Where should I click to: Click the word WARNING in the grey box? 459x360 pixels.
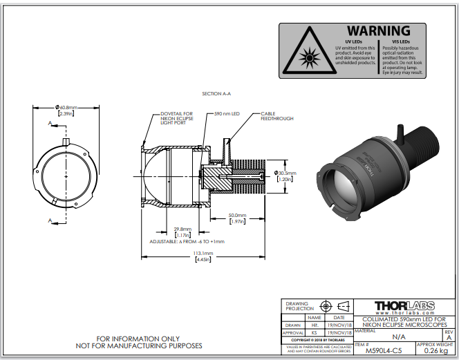[x=378, y=31]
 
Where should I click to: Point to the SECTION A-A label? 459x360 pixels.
[x=216, y=93]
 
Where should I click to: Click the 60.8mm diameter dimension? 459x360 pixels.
[x=66, y=107]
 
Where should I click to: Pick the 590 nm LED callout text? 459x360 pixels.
[x=227, y=113]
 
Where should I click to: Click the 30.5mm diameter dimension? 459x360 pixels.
[x=285, y=173]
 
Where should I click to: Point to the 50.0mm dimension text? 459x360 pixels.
[x=238, y=216]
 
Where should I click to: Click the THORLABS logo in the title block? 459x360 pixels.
[x=403, y=305]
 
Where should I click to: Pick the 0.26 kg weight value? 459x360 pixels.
[x=437, y=351]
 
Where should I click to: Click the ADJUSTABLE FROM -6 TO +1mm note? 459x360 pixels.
[x=186, y=241]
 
